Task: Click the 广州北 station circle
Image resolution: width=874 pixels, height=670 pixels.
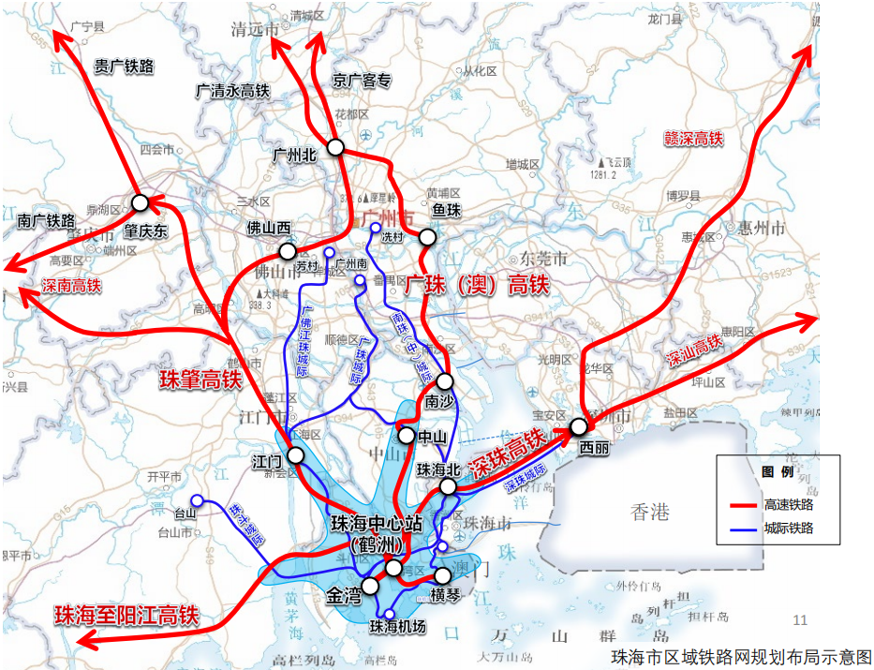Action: pos(336,148)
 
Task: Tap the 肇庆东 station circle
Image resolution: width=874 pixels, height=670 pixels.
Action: pos(141,203)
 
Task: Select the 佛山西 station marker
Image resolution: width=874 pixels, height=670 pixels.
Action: pos(288,251)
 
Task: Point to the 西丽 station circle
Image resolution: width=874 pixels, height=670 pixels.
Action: pos(579,427)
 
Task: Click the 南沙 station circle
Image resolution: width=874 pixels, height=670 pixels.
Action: pos(445,381)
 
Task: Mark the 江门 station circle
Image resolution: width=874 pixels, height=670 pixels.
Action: pos(296,455)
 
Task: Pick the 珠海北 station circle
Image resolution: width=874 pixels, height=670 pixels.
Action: pos(449,486)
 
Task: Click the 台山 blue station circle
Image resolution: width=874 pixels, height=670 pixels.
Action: pos(197,499)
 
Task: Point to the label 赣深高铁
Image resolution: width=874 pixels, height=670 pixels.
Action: pos(693,138)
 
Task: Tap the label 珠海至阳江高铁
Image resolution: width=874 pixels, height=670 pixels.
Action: pos(127,615)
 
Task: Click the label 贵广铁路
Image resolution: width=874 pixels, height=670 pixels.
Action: pos(124,67)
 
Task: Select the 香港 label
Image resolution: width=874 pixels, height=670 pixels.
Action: pos(650,512)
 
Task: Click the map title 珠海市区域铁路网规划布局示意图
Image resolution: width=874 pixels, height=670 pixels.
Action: pos(740,655)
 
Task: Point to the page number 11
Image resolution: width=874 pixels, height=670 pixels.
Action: pos(799,619)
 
